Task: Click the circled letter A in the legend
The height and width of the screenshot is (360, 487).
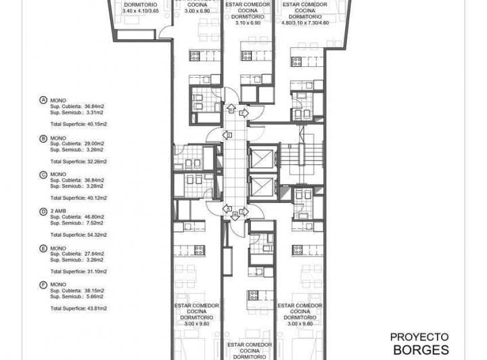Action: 44,100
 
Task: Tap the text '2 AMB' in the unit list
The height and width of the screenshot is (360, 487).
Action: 58,210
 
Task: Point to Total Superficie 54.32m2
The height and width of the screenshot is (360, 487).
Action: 79,235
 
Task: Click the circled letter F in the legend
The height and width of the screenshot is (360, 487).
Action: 44,284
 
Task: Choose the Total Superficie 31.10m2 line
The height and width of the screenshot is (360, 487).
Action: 79,271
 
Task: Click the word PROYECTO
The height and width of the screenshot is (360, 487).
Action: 419,336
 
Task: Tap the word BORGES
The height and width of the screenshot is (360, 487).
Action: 420,350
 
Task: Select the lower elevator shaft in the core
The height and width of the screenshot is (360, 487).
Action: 262,187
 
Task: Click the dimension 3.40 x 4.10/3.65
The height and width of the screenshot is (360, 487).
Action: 140,11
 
